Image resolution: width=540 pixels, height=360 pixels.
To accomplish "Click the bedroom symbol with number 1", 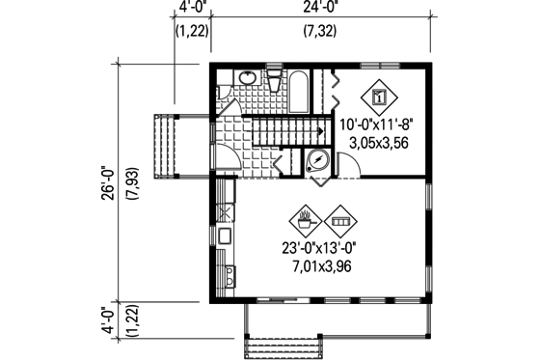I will coord(379,97).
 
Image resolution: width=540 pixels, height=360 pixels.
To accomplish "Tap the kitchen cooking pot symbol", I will coord(307,221).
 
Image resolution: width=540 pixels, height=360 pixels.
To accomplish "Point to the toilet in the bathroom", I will coord(274,81).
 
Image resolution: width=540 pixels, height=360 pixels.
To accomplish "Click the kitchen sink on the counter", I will coord(224,235).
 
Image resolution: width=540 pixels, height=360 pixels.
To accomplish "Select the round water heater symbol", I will coord(317,162).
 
